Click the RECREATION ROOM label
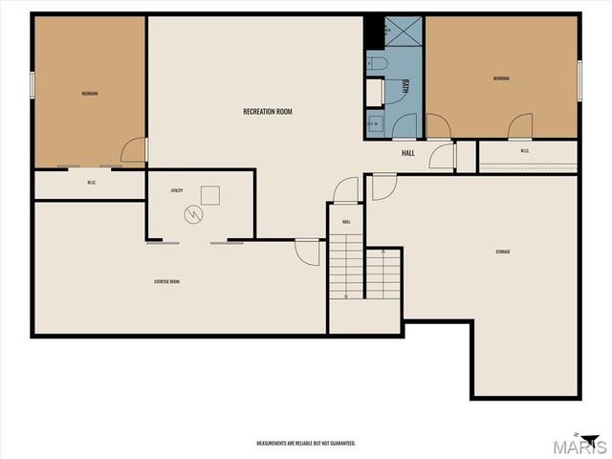coord(267,112)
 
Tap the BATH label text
coord(405,86)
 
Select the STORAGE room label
coord(502,251)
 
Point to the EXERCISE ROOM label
coord(167,281)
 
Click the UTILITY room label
coord(177,191)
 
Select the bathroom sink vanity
coord(374,122)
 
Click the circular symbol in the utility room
coord(194,214)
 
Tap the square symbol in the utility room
coord(210,194)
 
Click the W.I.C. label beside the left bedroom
coord(91,183)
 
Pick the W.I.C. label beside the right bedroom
coord(525,150)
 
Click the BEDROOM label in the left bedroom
coord(90,93)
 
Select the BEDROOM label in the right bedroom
coord(502,78)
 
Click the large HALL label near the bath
coord(408,153)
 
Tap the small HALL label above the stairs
coord(346,222)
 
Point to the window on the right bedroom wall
coord(579,76)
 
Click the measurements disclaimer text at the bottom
coord(306,444)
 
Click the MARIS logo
coord(584,445)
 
